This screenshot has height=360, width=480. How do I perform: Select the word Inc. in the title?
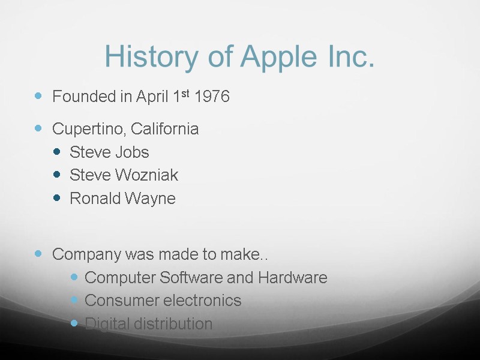pos(348,57)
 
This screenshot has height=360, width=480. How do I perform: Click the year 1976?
pos(212,97)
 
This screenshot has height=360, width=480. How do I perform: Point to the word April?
pos(152,97)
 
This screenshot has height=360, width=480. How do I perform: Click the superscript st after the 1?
pos(185,93)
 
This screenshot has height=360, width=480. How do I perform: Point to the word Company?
pos(86,254)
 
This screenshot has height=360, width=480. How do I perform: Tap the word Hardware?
pos(293,278)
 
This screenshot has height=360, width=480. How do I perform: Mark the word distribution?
pos(174,324)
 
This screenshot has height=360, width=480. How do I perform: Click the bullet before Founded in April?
pos(39,96)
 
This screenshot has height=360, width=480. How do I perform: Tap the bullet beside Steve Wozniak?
pos(57,175)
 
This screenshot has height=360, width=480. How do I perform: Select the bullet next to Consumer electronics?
pos(74,300)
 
